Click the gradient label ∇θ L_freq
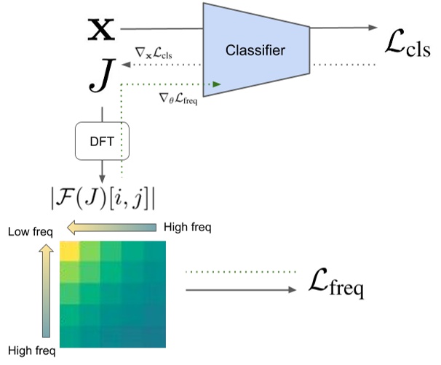pyautogui.click(x=178, y=96)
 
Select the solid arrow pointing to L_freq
pyautogui.click(x=240, y=289)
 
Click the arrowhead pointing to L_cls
pyautogui.click(x=373, y=28)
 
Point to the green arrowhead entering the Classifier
pyautogui.click(x=216, y=84)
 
